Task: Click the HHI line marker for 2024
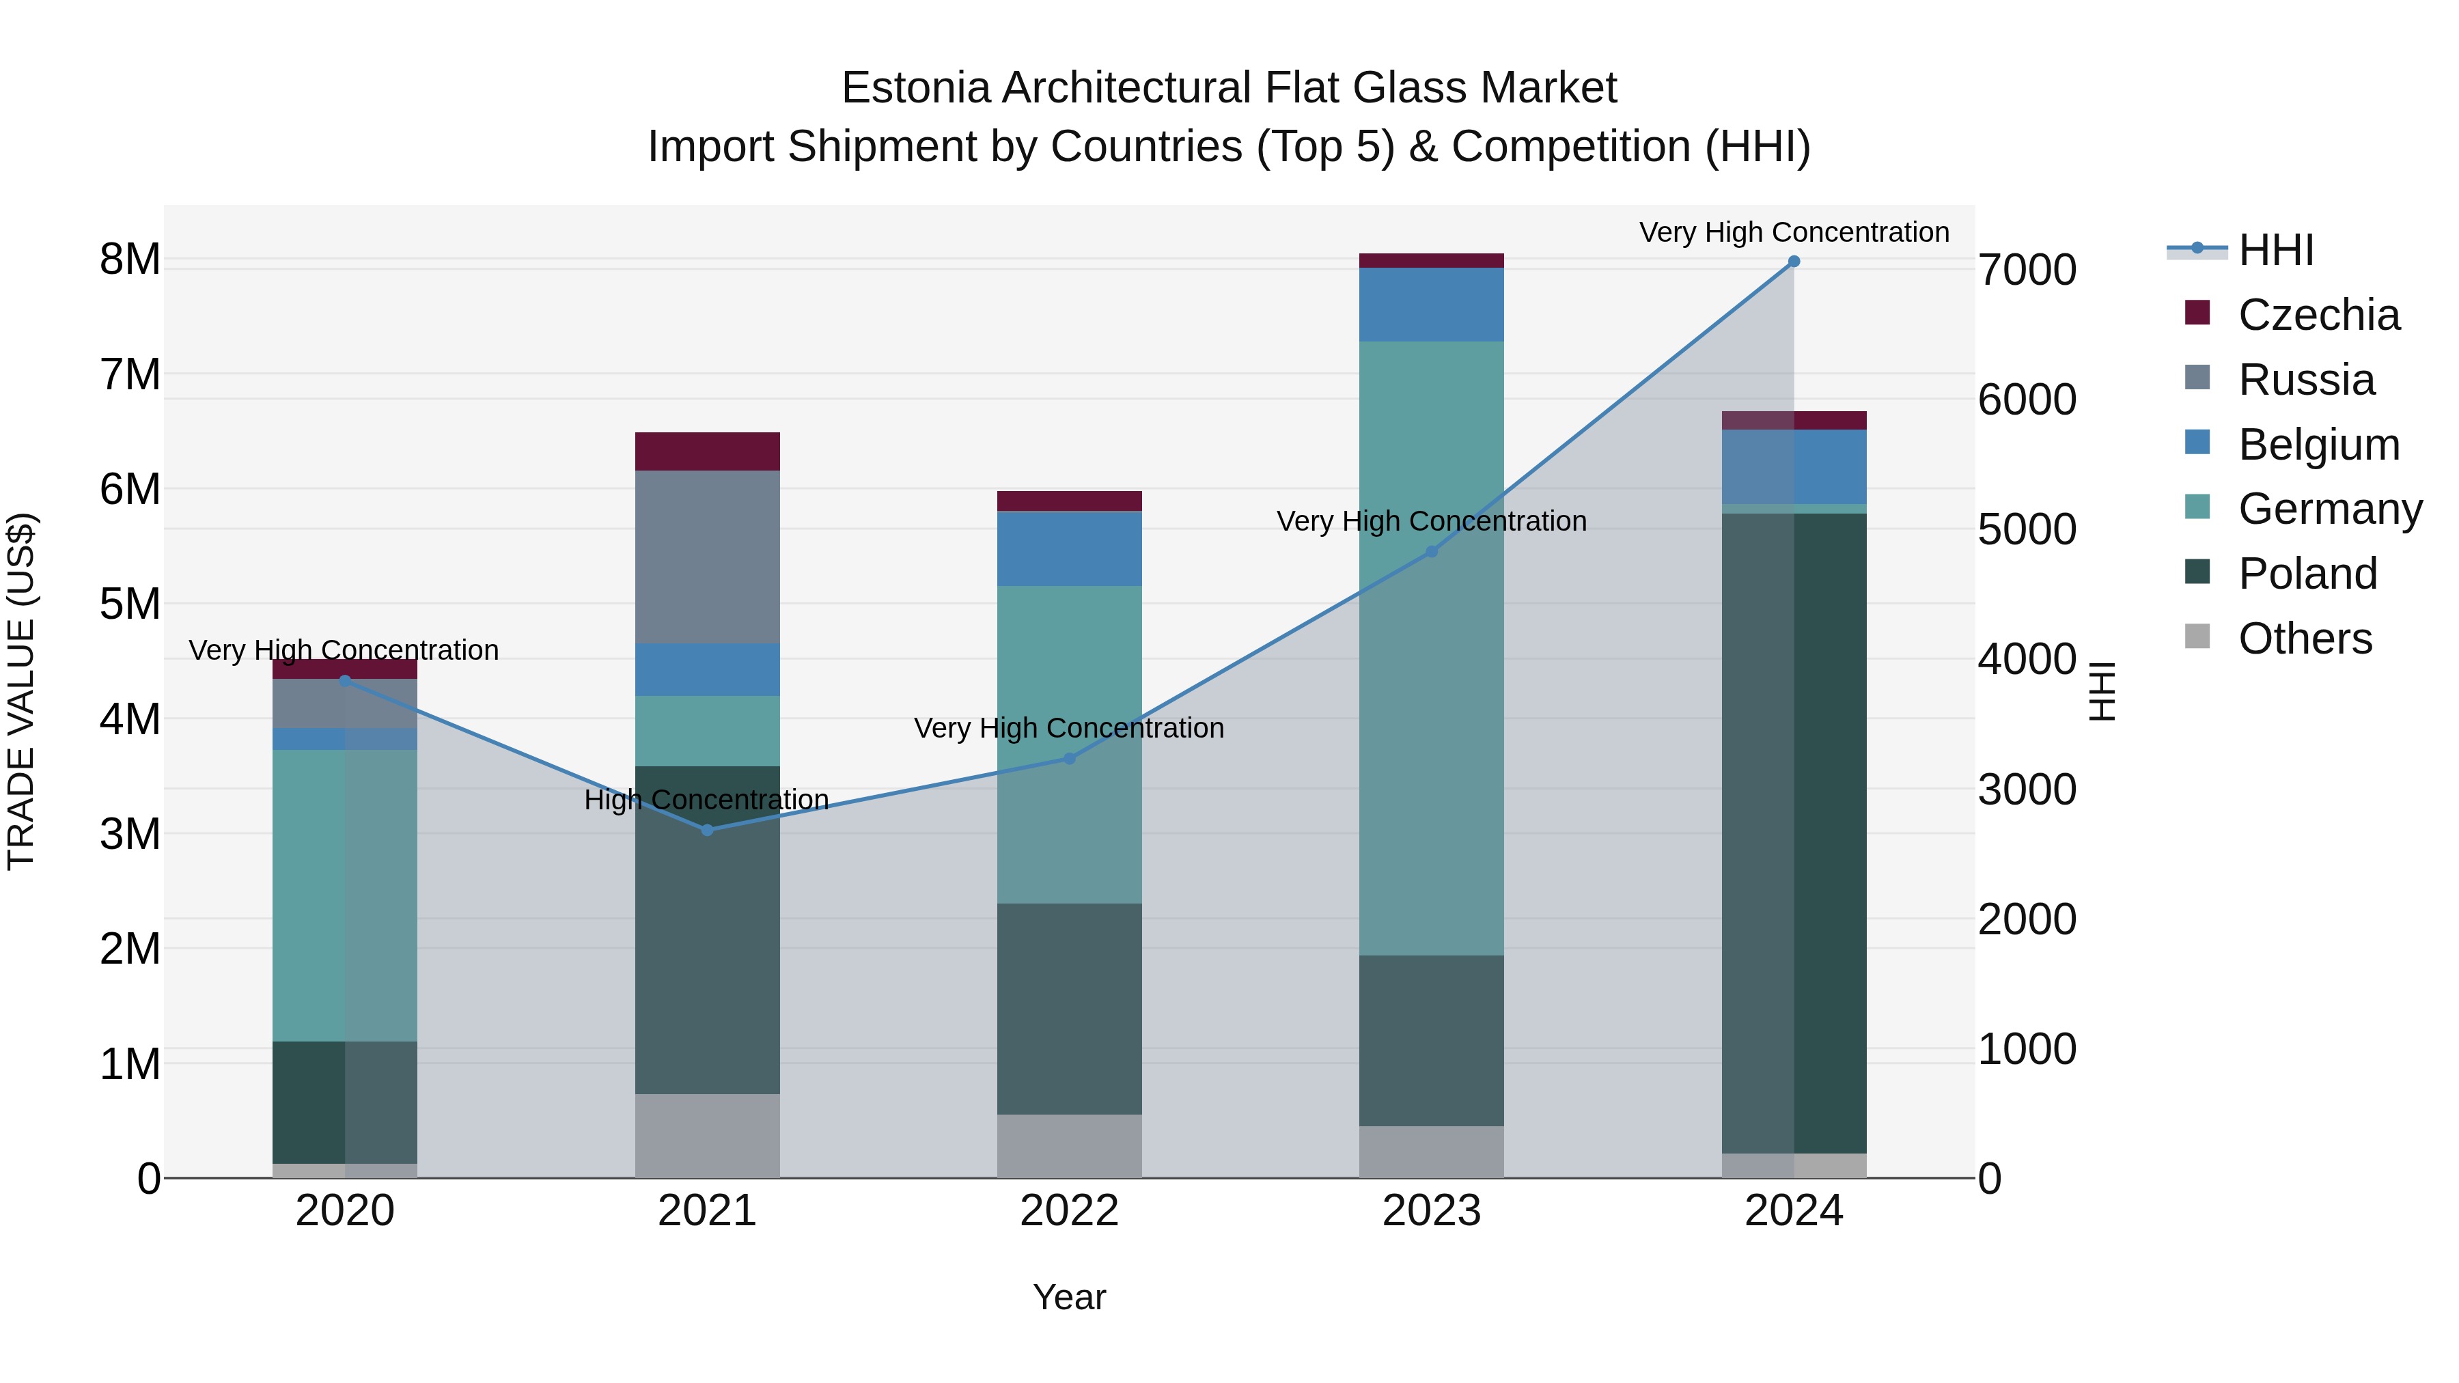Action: click(1794, 262)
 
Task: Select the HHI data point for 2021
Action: click(708, 830)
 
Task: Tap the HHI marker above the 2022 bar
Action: click(1069, 759)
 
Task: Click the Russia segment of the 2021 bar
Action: click(708, 557)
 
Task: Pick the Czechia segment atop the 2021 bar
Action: click(708, 451)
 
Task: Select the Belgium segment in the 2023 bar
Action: click(1431, 305)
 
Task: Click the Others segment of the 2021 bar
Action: click(708, 1136)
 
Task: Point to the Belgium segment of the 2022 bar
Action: click(1069, 549)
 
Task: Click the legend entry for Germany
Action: click(2329, 509)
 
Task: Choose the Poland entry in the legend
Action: click(2307, 574)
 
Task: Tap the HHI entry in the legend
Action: click(2276, 250)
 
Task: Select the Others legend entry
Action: click(2305, 639)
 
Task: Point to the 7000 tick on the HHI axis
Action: click(2026, 270)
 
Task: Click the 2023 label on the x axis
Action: click(1431, 1211)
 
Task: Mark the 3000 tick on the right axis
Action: click(2026, 790)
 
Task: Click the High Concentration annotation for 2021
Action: click(706, 800)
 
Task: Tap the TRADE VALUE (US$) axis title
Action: click(21, 691)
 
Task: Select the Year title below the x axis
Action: click(1069, 1297)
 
